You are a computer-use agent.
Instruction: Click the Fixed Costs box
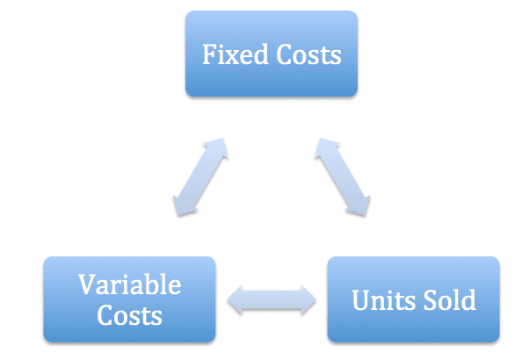pyautogui.click(x=272, y=54)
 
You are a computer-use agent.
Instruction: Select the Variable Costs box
pyautogui.click(x=129, y=299)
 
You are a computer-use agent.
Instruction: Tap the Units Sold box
pyautogui.click(x=414, y=299)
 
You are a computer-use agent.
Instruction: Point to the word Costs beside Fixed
pyautogui.click(x=309, y=54)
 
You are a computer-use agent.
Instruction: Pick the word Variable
pyautogui.click(x=129, y=284)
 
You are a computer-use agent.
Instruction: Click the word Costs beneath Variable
pyautogui.click(x=129, y=315)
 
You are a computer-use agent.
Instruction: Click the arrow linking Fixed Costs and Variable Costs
pyautogui.click(x=200, y=177)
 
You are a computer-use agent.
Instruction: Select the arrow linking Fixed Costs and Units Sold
pyautogui.click(x=343, y=177)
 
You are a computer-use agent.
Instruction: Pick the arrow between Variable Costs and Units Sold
pyautogui.click(x=272, y=300)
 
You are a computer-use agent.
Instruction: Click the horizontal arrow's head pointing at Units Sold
pyautogui.click(x=309, y=300)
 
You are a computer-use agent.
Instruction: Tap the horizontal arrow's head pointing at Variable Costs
pyautogui.click(x=235, y=300)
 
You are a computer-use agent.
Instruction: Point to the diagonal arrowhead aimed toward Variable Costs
pyautogui.click(x=182, y=207)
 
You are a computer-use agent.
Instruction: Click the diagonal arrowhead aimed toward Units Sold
pyautogui.click(x=361, y=207)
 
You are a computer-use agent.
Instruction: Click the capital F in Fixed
pyautogui.click(x=209, y=54)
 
